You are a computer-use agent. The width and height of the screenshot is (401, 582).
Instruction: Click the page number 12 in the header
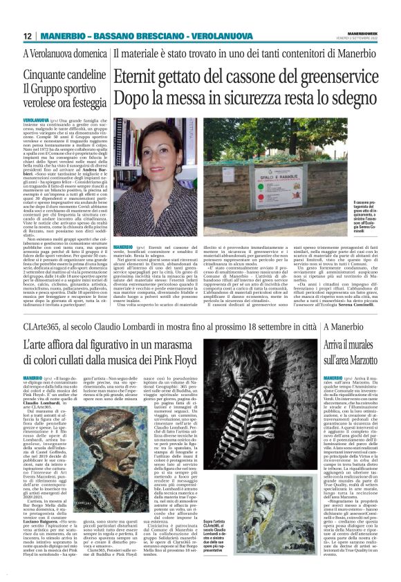click(28, 36)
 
